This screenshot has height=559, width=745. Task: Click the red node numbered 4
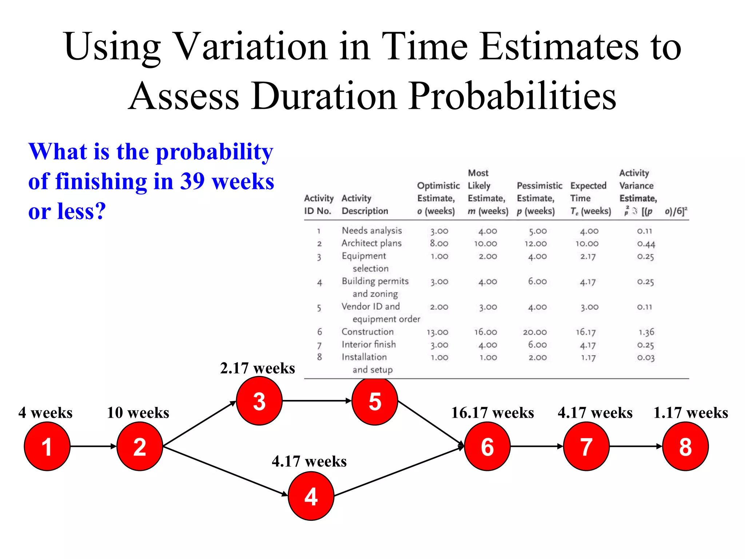(x=311, y=496)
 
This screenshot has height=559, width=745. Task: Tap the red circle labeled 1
(x=47, y=447)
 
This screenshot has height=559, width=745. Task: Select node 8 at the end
(x=685, y=447)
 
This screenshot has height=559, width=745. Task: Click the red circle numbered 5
(x=375, y=401)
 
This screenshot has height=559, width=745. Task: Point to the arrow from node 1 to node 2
(x=93, y=446)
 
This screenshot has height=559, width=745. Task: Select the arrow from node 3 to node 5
(x=316, y=401)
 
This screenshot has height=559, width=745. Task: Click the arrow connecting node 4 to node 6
(x=398, y=472)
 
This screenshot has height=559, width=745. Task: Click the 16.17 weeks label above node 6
(x=493, y=413)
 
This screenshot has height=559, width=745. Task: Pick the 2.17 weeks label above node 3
(x=258, y=368)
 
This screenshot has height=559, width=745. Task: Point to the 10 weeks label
(x=138, y=413)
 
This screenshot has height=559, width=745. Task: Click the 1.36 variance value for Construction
(x=646, y=332)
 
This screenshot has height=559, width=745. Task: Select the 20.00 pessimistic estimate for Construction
(x=535, y=332)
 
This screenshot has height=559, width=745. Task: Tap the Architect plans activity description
(x=371, y=243)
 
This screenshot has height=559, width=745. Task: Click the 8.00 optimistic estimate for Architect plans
(x=439, y=243)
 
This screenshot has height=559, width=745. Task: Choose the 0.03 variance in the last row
(x=646, y=357)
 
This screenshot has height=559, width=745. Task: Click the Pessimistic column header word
(x=539, y=186)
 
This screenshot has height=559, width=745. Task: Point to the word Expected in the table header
(x=588, y=186)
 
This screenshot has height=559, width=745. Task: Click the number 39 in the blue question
(x=192, y=181)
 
